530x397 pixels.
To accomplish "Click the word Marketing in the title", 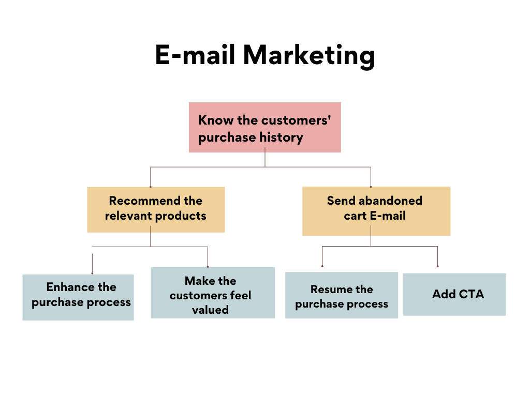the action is pos(309,56).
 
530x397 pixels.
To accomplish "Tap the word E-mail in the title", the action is pos(195,54).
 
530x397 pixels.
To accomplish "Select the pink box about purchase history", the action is pos(264,127).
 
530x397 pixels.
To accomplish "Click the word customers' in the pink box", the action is pos(296,120).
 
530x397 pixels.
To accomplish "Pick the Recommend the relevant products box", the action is pos(156,210).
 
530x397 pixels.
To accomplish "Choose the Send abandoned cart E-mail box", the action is pos(376,211).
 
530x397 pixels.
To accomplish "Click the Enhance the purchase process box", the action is pos(78,297).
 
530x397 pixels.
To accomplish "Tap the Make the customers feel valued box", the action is pos(213,293).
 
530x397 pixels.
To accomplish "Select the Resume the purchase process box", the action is pos(342,295).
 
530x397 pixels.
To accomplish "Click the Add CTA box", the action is pos(454,294).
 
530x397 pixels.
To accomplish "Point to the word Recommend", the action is pos(145,201).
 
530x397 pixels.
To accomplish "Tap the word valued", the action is pos(210,310).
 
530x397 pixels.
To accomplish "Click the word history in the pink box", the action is pos(281,138).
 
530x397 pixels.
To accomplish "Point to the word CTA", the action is pos(471,294).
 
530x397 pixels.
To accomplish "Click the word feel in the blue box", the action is pos(240,295).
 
